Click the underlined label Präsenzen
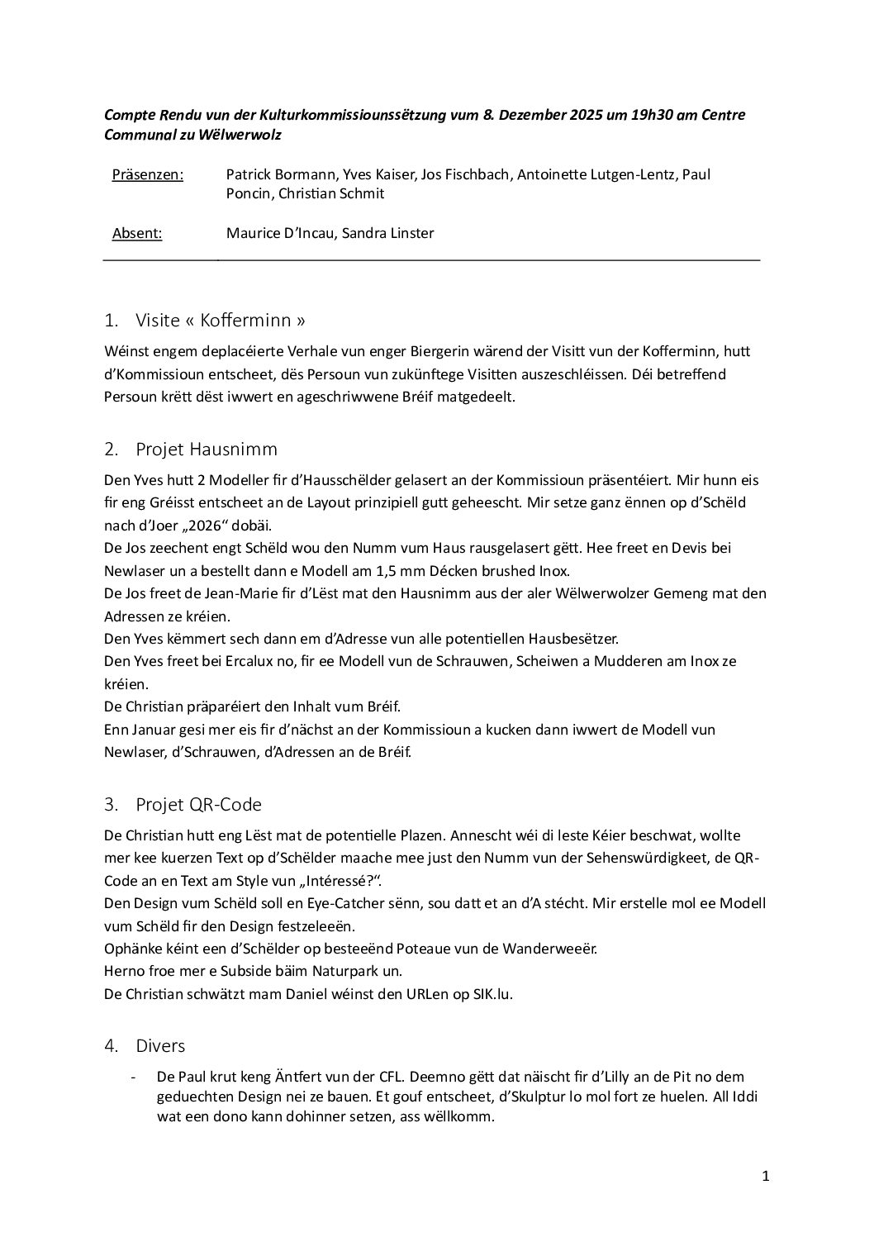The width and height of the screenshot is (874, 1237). coord(147,174)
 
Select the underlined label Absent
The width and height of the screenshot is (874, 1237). coord(137,233)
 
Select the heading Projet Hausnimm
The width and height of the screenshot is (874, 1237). coord(207,450)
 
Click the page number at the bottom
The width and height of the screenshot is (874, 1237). coord(766,1200)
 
